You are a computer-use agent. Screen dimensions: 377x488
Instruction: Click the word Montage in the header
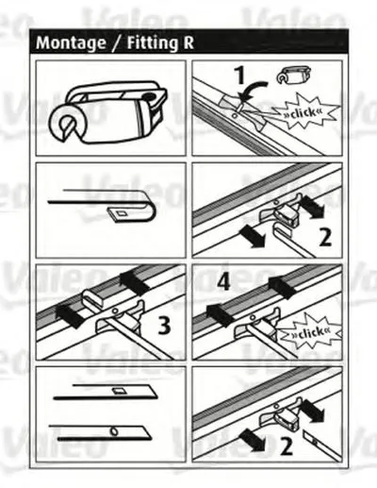(71, 42)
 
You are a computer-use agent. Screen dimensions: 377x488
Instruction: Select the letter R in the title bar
(188, 42)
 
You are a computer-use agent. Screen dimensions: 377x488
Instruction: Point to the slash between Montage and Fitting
(116, 42)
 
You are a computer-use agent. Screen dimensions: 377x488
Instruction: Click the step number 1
(240, 76)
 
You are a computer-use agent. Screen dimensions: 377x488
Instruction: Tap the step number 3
(164, 325)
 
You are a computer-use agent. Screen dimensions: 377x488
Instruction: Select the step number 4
(223, 281)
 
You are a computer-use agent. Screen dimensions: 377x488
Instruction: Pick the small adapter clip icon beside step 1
(294, 76)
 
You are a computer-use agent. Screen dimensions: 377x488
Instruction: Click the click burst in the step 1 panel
(304, 112)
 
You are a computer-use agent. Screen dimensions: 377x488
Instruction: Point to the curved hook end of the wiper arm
(150, 206)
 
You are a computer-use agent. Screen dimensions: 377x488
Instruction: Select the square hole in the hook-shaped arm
(121, 213)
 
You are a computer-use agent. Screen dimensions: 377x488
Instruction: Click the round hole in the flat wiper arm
(114, 431)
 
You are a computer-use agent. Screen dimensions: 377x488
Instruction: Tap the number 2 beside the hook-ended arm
(325, 238)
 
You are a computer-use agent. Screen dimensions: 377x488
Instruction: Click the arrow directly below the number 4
(221, 314)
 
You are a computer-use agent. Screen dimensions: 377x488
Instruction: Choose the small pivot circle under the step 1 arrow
(234, 115)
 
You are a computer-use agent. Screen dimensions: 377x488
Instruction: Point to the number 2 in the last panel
(286, 446)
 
